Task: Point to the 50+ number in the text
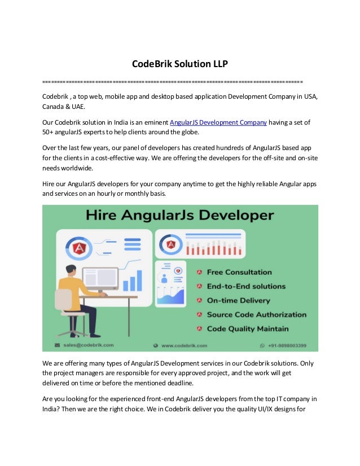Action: pos(49,133)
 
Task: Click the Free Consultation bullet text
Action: pos(239,272)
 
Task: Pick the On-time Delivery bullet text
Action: pos(238,301)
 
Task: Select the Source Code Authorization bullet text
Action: pos(256,315)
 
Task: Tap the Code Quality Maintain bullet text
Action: pos(247,329)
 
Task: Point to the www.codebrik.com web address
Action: pos(184,345)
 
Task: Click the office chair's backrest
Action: pos(63,300)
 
